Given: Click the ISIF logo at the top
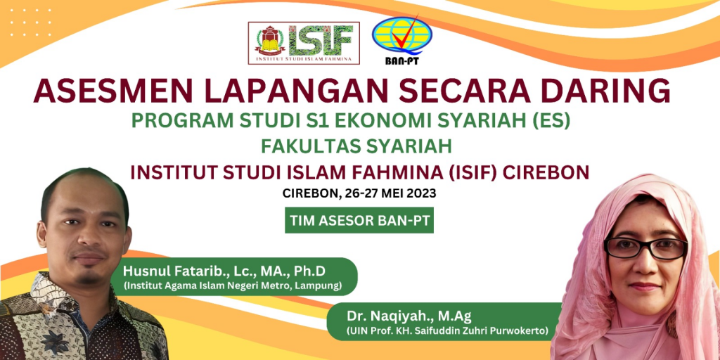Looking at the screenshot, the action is click(x=304, y=43).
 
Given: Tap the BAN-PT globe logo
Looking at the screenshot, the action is click(x=401, y=40).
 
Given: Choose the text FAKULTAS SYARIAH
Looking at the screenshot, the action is click(x=356, y=146).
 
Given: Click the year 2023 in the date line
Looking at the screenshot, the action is click(x=423, y=193).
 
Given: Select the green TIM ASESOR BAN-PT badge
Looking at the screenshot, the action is click(x=359, y=220).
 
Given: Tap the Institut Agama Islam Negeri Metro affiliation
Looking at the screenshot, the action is click(x=232, y=286).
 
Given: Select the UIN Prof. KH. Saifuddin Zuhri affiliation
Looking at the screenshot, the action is click(x=448, y=330).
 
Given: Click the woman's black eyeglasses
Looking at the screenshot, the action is click(x=645, y=248).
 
